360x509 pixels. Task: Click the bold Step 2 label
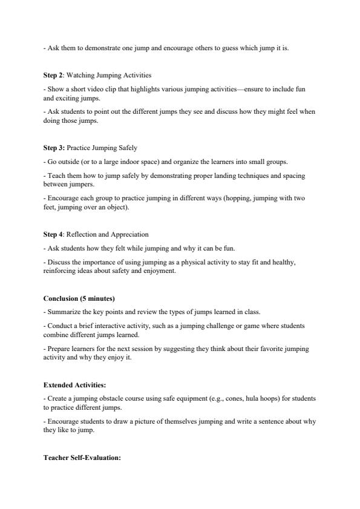point(53,75)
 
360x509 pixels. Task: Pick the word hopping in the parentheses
point(244,197)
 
